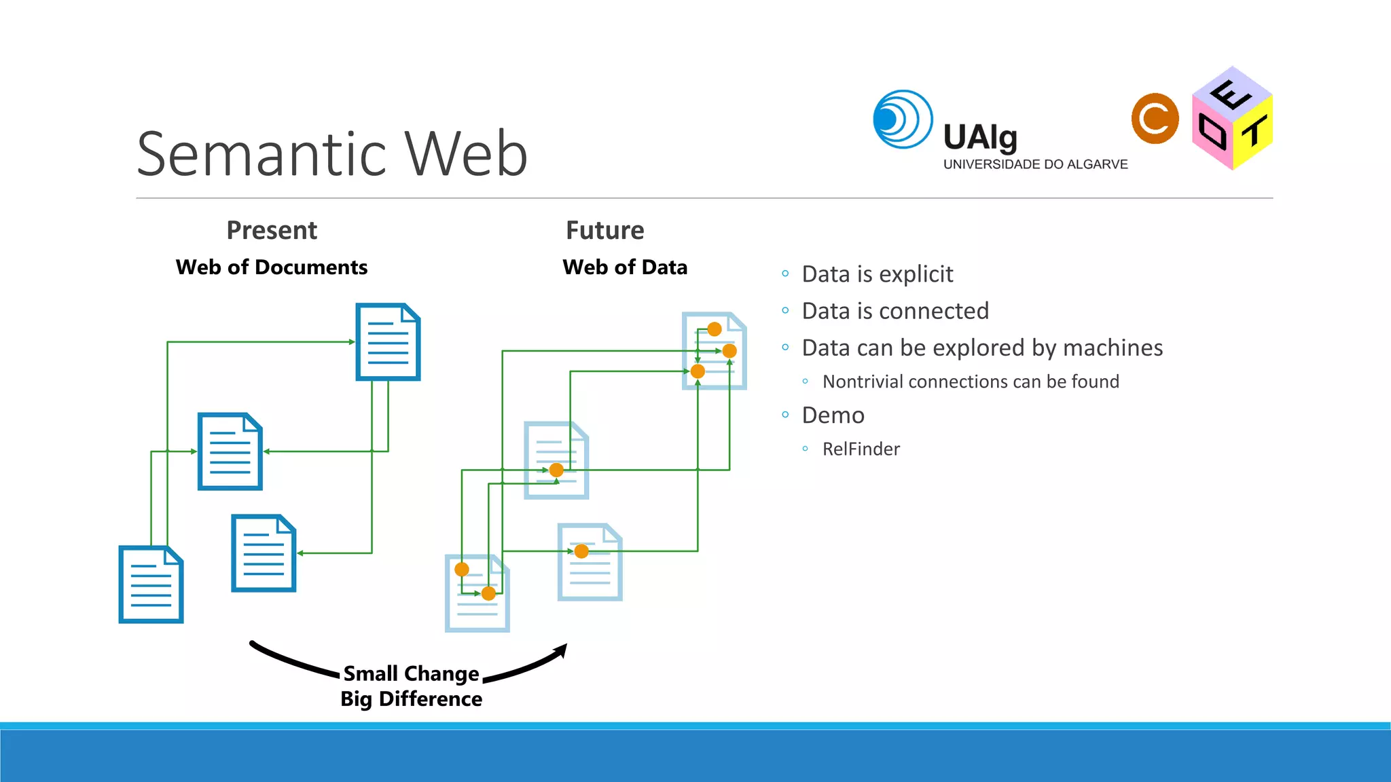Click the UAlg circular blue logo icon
[903, 119]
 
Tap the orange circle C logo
[1155, 119]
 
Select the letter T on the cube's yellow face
[1254, 131]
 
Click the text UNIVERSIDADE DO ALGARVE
[1035, 164]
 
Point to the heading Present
[272, 231]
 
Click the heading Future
[604, 231]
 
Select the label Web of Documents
[272, 267]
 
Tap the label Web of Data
[625, 267]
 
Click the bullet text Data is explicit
[878, 274]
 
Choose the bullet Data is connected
[895, 311]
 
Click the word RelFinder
[861, 449]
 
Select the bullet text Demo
[833, 415]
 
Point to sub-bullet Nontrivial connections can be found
[971, 381]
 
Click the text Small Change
[411, 673]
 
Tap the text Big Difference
[411, 699]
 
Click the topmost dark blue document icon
[388, 342]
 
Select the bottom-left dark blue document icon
[151, 584]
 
